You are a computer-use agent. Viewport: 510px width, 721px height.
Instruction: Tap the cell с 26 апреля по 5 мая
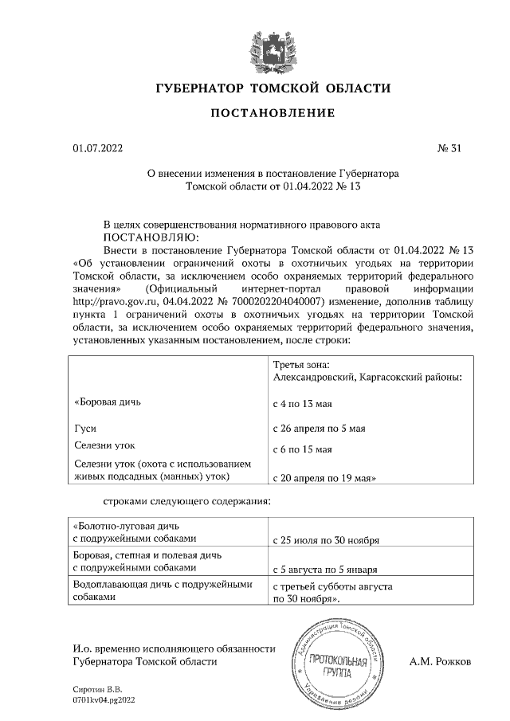click(319, 429)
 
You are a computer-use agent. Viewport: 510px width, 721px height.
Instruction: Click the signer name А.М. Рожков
click(440, 661)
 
